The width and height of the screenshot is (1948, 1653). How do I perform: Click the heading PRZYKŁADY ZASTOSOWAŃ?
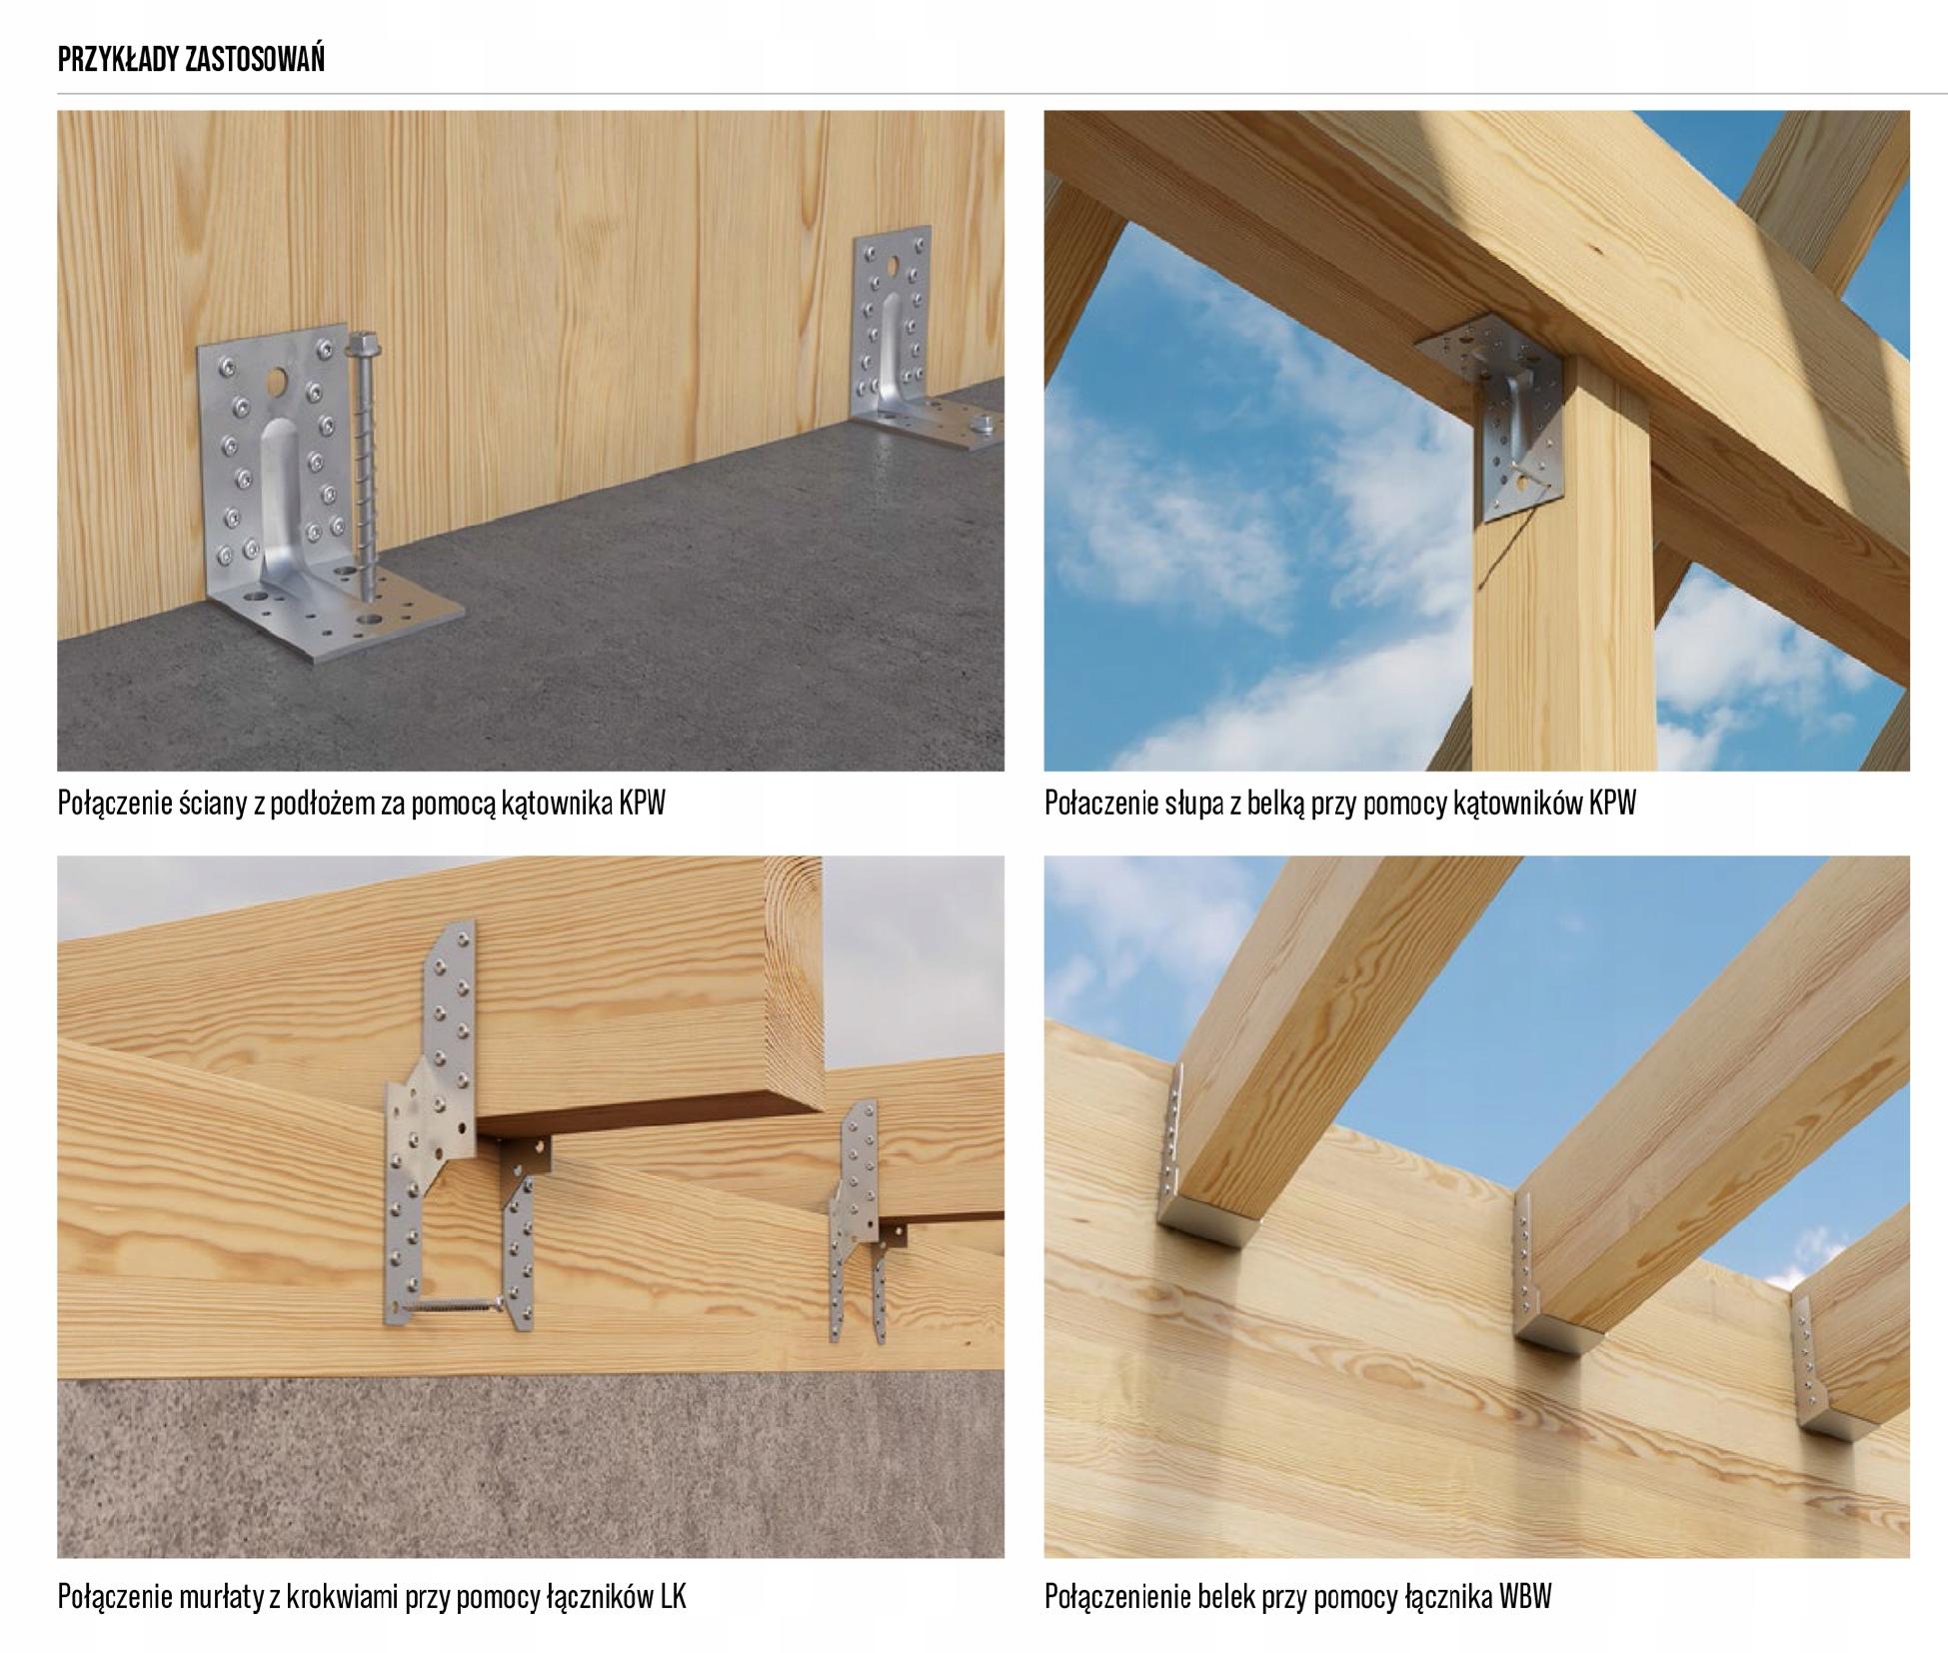point(191,60)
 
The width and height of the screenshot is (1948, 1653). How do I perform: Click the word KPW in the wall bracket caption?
point(642,803)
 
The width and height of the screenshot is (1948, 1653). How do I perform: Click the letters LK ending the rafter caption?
point(673,1596)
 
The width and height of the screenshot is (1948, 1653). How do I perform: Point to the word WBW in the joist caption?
point(1525,1596)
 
